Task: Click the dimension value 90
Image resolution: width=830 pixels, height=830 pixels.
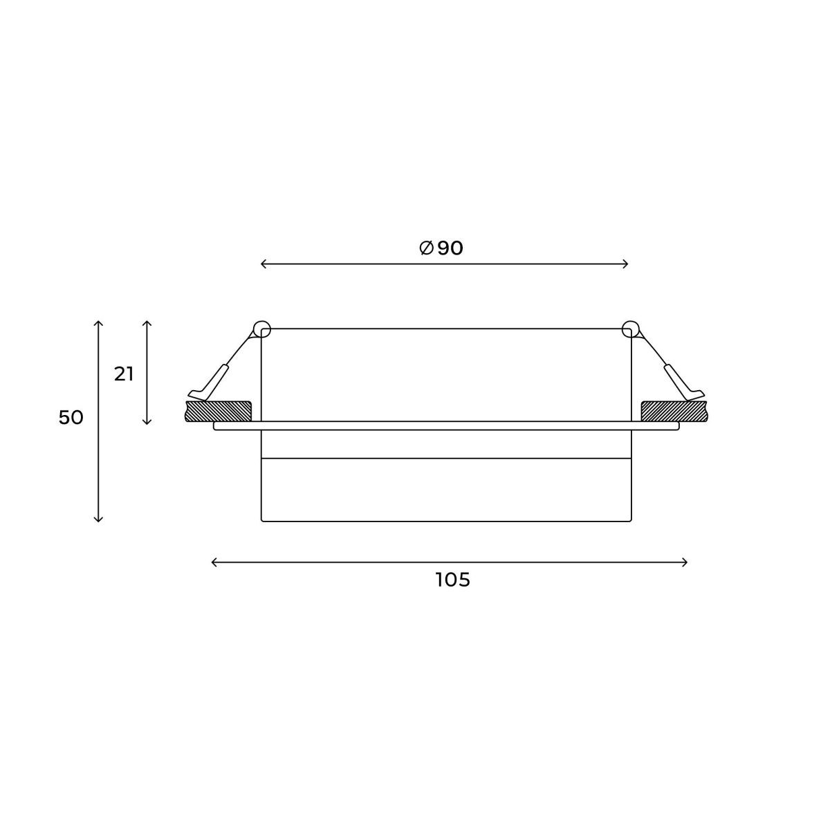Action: (450, 248)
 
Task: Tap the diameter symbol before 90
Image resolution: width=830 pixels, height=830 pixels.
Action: (427, 248)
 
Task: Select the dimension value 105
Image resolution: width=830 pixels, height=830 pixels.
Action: (452, 580)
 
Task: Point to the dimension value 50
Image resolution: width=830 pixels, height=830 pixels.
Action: (71, 418)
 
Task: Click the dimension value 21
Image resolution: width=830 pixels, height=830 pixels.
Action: (124, 374)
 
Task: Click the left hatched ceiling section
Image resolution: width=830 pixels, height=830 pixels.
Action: (218, 411)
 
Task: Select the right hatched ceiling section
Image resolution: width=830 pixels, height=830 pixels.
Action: (674, 411)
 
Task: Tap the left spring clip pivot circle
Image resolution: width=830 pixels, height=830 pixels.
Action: (262, 329)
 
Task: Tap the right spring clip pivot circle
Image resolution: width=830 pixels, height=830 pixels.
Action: (630, 329)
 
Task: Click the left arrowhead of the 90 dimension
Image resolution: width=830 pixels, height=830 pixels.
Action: (264, 264)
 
